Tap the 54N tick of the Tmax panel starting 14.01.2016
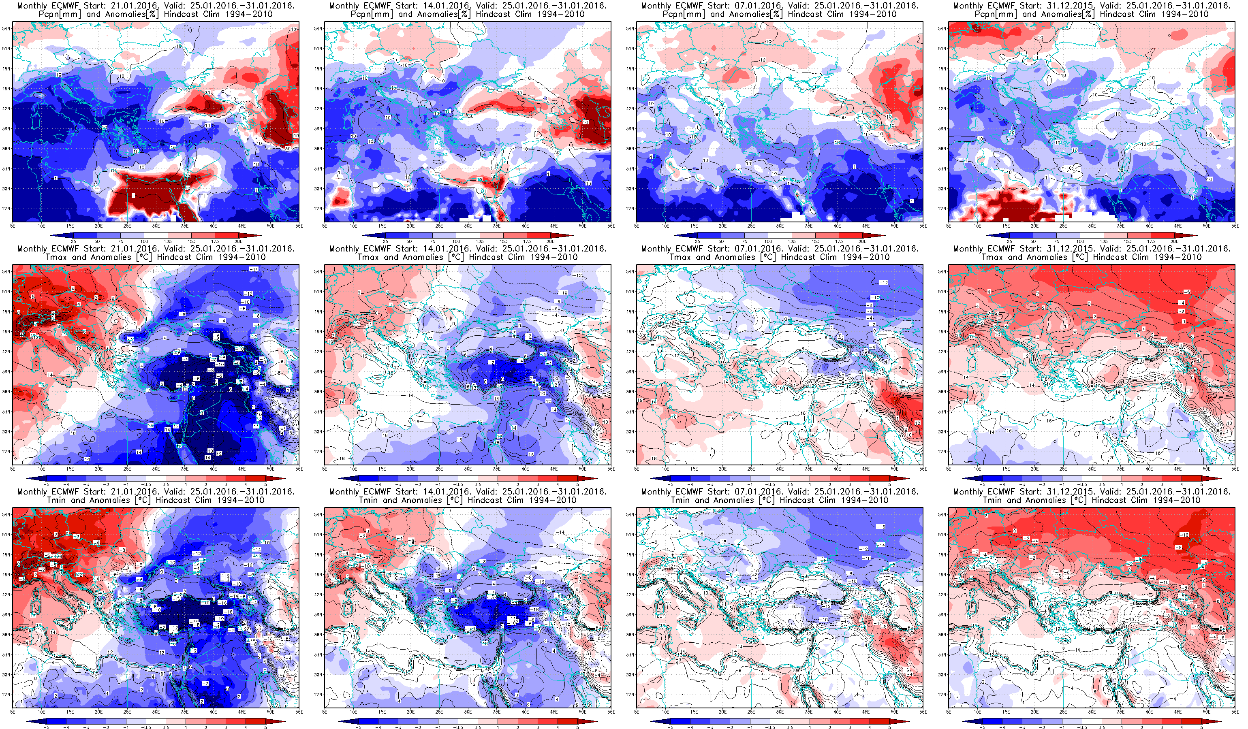[x=318, y=272]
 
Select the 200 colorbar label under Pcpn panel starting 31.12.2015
[x=1174, y=241]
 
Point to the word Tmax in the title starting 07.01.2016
[x=680, y=257]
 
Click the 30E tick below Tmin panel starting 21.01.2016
[x=156, y=712]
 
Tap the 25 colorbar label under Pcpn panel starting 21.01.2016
[x=73, y=241]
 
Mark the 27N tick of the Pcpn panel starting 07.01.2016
[x=630, y=209]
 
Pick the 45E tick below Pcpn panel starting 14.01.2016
[x=553, y=226]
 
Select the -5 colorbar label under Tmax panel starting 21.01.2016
[x=47, y=484]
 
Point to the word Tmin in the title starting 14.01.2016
[x=368, y=500]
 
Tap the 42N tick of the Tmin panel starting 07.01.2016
[x=630, y=595]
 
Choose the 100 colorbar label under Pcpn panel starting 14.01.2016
[x=456, y=241]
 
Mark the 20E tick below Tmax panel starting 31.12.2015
[x=1034, y=469]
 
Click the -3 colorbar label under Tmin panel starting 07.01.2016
[x=710, y=727]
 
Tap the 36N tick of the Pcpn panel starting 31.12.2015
[x=942, y=149]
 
